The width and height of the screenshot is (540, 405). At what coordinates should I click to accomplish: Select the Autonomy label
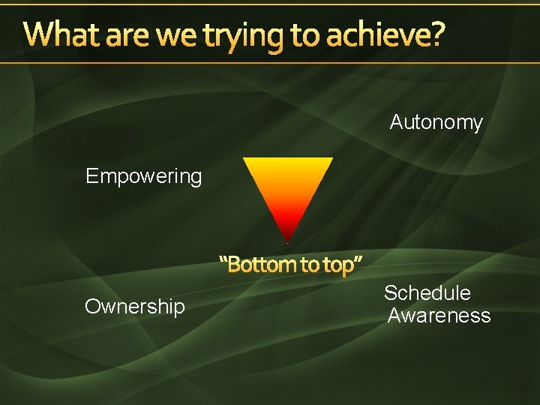436,122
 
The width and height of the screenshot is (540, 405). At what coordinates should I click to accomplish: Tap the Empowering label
143,176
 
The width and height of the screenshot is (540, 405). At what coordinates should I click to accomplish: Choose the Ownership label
134,307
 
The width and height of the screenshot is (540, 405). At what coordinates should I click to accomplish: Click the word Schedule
427,293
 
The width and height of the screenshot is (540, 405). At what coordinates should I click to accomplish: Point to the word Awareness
439,316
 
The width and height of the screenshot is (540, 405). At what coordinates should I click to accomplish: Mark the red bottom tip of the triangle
287,238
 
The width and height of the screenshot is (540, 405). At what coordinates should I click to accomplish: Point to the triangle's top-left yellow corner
245,160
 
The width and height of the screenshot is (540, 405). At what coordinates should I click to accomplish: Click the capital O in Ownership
92,306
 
